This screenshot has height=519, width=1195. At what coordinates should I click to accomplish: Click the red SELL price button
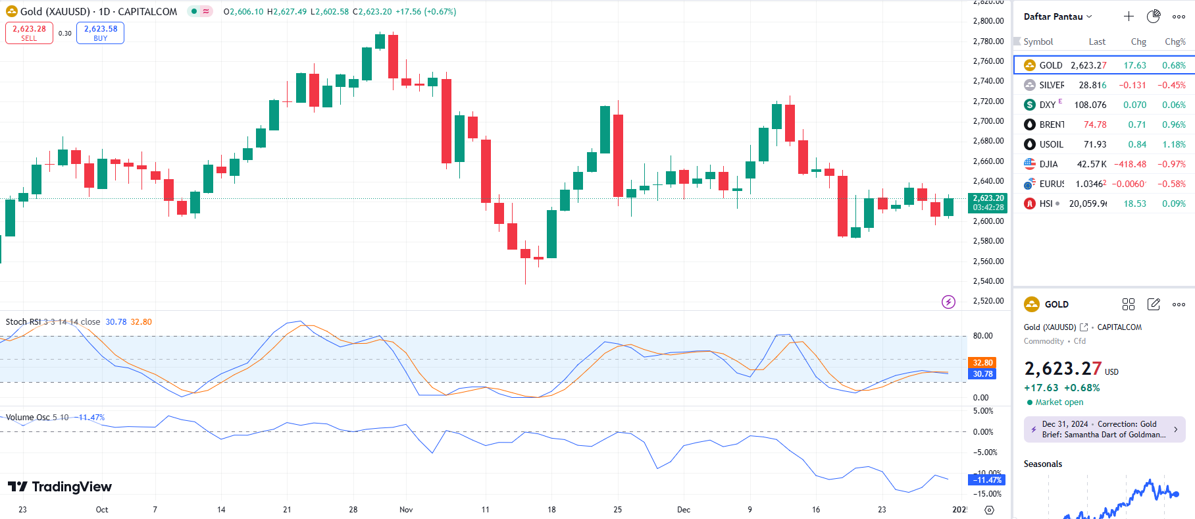pyautogui.click(x=29, y=33)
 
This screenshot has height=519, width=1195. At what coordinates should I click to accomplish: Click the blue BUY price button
pyautogui.click(x=100, y=33)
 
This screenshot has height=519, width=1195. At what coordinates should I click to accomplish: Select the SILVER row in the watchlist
pyautogui.click(x=1051, y=85)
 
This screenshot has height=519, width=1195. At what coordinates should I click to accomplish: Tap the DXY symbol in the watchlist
pyautogui.click(x=1047, y=105)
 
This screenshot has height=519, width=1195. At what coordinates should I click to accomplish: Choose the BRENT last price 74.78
pyautogui.click(x=1094, y=124)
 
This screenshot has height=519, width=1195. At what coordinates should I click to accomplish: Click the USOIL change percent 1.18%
pyautogui.click(x=1173, y=144)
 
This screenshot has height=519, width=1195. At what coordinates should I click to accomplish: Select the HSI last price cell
pyautogui.click(x=1087, y=204)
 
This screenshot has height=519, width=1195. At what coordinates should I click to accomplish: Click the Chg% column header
pyautogui.click(x=1175, y=41)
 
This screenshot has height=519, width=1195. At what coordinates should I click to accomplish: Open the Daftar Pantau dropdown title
pyautogui.click(x=1057, y=16)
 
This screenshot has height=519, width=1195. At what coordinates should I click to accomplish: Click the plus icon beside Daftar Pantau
pyautogui.click(x=1129, y=16)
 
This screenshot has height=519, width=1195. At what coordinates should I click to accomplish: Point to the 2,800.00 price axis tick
pyautogui.click(x=988, y=21)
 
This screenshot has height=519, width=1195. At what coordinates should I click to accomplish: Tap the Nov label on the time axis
pyautogui.click(x=406, y=509)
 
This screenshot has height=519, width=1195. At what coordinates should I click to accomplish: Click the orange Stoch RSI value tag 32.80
pyautogui.click(x=982, y=363)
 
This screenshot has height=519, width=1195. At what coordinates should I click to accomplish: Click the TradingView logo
pyautogui.click(x=60, y=487)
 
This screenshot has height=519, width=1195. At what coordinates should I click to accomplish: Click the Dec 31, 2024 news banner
pyautogui.click(x=1104, y=429)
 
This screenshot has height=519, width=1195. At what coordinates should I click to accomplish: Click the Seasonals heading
pyautogui.click(x=1042, y=464)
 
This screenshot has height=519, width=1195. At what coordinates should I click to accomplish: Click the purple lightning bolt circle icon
pyautogui.click(x=948, y=302)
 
